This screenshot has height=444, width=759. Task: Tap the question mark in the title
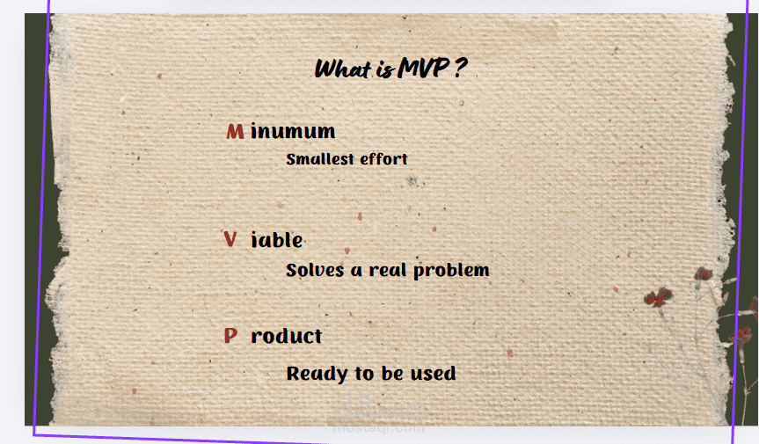tap(461, 68)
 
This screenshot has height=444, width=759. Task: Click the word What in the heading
tap(343, 69)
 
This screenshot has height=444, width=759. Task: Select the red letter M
tap(235, 132)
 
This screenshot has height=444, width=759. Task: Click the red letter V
tap(230, 239)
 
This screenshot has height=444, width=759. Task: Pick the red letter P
tap(230, 335)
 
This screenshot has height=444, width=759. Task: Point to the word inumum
tap(293, 132)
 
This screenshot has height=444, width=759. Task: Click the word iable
tap(277, 240)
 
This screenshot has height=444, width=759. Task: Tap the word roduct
tap(287, 336)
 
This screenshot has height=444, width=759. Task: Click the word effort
tap(383, 159)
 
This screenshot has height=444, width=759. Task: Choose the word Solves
tap(315, 270)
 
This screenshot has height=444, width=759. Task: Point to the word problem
tap(452, 271)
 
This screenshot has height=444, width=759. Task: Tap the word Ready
tap(317, 374)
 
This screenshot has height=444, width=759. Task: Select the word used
tap(434, 374)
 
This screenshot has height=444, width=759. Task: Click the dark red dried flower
tap(659, 296)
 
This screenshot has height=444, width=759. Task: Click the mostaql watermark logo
tap(379, 409)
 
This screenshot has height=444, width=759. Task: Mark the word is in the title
tap(385, 70)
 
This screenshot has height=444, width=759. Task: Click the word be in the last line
tap(392, 374)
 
